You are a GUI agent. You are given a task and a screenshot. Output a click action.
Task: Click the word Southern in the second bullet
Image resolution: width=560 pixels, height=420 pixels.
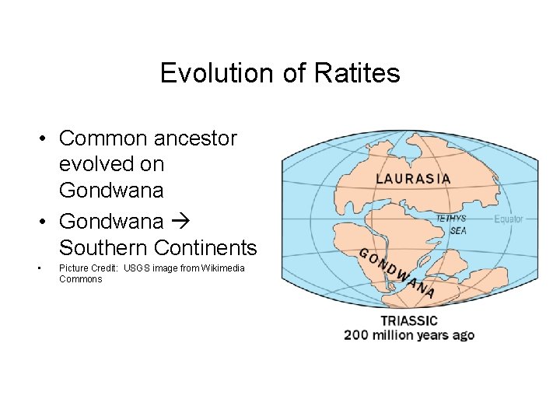pyautogui.click(x=103, y=248)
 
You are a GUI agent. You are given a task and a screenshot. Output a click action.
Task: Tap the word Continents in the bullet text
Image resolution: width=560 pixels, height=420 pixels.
pyautogui.click(x=205, y=248)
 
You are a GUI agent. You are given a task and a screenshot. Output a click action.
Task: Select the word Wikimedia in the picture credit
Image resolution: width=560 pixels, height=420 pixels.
pyautogui.click(x=222, y=268)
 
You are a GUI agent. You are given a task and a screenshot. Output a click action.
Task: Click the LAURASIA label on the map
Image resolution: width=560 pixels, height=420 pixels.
pyautogui.click(x=413, y=178)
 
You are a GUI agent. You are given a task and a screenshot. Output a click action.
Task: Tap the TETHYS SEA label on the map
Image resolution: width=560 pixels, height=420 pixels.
pyautogui.click(x=451, y=225)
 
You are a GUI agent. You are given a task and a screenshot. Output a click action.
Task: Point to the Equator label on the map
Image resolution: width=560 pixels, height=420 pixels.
pyautogui.click(x=509, y=219)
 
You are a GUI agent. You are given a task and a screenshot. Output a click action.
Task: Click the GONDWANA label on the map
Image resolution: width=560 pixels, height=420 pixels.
pyautogui.click(x=396, y=273)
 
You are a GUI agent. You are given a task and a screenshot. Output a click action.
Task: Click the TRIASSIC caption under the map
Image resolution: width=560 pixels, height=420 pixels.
pyautogui.click(x=409, y=320)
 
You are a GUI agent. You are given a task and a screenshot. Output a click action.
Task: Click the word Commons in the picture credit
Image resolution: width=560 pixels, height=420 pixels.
pyautogui.click(x=80, y=278)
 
